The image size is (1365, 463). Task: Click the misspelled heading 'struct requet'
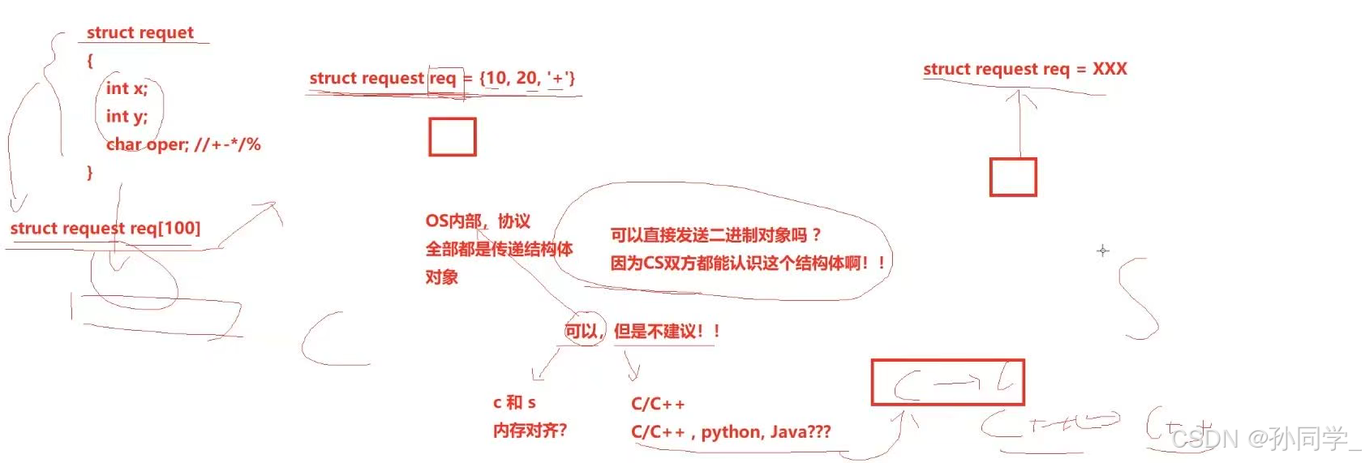140,32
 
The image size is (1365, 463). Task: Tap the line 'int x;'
127,88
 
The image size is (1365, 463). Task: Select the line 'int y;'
127,117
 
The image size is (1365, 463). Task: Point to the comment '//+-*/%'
227,145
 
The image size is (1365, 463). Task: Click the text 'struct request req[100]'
105,229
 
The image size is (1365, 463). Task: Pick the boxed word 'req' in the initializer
443,79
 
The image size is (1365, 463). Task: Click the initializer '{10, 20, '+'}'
527,78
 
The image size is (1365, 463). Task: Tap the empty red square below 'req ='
452,137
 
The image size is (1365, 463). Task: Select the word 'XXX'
1110,69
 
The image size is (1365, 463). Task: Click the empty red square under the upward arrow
1012,177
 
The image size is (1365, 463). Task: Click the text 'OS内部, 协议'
477,221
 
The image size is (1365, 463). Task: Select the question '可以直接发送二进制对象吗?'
715,235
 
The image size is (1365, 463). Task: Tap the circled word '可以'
582,331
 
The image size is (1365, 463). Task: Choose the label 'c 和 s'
514,402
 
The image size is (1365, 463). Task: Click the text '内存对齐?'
530,431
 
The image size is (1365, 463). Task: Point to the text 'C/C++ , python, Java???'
731,432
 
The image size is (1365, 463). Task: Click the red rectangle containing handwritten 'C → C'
947,382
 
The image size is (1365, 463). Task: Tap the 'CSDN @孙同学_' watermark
1265,439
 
